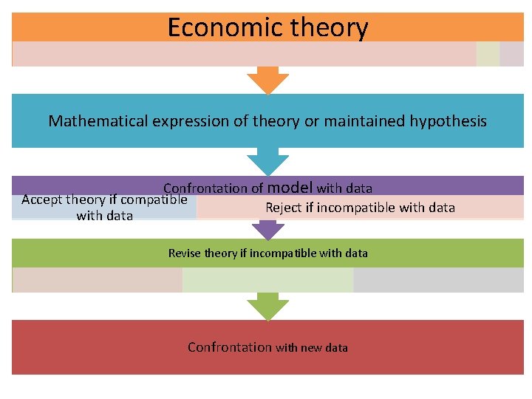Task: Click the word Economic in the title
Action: click(214, 28)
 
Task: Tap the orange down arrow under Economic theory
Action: click(267, 80)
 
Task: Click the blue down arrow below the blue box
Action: click(267, 161)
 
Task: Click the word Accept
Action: click(41, 199)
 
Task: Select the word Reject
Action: click(284, 208)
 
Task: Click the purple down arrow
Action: click(267, 230)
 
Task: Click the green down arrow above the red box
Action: click(267, 306)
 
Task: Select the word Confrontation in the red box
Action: click(230, 347)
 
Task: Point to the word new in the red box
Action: click(312, 348)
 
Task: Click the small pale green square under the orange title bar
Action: click(488, 54)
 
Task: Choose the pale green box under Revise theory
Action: click(267, 280)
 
